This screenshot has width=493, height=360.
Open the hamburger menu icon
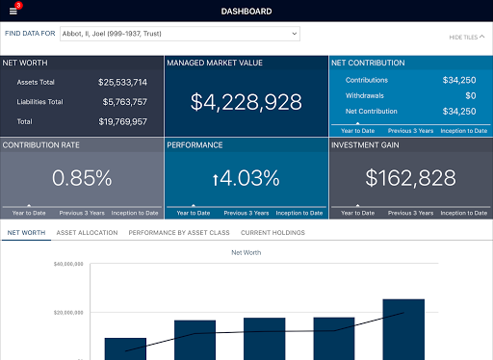pos(13,12)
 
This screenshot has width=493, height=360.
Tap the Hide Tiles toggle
pos(467,37)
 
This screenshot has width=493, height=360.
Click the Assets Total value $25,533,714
pos(123,83)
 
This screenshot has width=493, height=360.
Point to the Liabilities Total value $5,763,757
pos(123,102)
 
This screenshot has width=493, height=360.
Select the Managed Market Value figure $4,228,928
pos(246,102)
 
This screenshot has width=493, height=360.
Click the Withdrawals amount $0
pos(470,96)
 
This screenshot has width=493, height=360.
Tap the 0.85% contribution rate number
pos(82,177)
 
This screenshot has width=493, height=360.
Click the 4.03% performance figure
pos(246,177)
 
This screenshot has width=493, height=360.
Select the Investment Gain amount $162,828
pos(410,177)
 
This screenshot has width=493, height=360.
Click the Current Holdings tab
pos(272,233)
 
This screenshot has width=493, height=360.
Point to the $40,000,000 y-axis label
pos(69,264)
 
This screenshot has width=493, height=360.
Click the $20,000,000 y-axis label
pos(69,313)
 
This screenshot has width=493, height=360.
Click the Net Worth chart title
pos(246,252)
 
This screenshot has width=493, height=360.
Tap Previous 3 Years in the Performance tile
pos(246,213)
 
